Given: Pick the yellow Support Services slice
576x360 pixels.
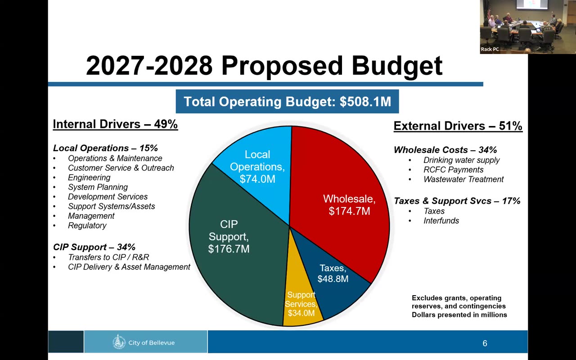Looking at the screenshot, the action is pos(300,303).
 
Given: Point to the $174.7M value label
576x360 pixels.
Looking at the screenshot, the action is pos(349,211).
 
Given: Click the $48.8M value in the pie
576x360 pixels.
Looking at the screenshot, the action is pos(333,279).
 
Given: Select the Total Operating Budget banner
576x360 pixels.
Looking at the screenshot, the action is pos(287,101).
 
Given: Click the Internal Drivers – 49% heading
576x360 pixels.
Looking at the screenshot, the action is pos(115,124).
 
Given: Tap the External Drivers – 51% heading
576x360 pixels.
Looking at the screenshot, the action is pos(458,126).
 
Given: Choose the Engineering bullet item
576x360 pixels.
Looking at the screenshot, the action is pos(89,177).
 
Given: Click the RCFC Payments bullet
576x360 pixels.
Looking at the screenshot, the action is pos(453,170).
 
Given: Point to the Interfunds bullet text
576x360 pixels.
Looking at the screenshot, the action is pos(441,220).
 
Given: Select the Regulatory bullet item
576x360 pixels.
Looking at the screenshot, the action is pos(87,225).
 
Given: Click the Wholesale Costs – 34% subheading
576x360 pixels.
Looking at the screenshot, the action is pos(445,150).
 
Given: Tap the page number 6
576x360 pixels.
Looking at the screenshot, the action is pos(485,343).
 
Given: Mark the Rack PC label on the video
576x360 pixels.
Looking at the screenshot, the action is pos(490,49).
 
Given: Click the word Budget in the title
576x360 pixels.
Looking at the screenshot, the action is pos(397,66).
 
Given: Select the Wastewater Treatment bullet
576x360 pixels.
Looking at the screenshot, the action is pos(463,179).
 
